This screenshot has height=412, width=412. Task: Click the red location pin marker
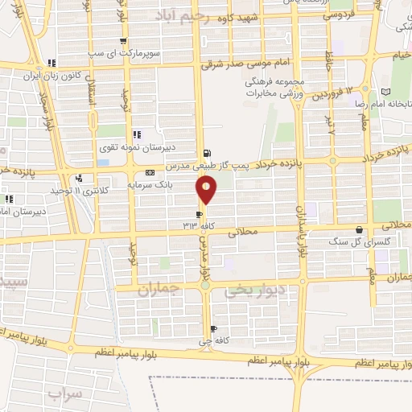[x=207, y=190]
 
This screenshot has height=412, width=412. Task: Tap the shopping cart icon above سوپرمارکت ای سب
[x=122, y=42]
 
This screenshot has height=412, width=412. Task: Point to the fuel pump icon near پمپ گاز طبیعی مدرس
[x=208, y=153]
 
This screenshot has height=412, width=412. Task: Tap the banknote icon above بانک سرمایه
[x=150, y=173]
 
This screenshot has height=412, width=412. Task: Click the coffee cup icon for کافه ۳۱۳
[x=200, y=214]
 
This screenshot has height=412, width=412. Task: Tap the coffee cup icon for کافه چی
[x=213, y=328]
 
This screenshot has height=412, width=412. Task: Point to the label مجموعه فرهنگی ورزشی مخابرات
[x=276, y=88]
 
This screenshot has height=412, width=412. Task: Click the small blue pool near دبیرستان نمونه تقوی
[x=102, y=163]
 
